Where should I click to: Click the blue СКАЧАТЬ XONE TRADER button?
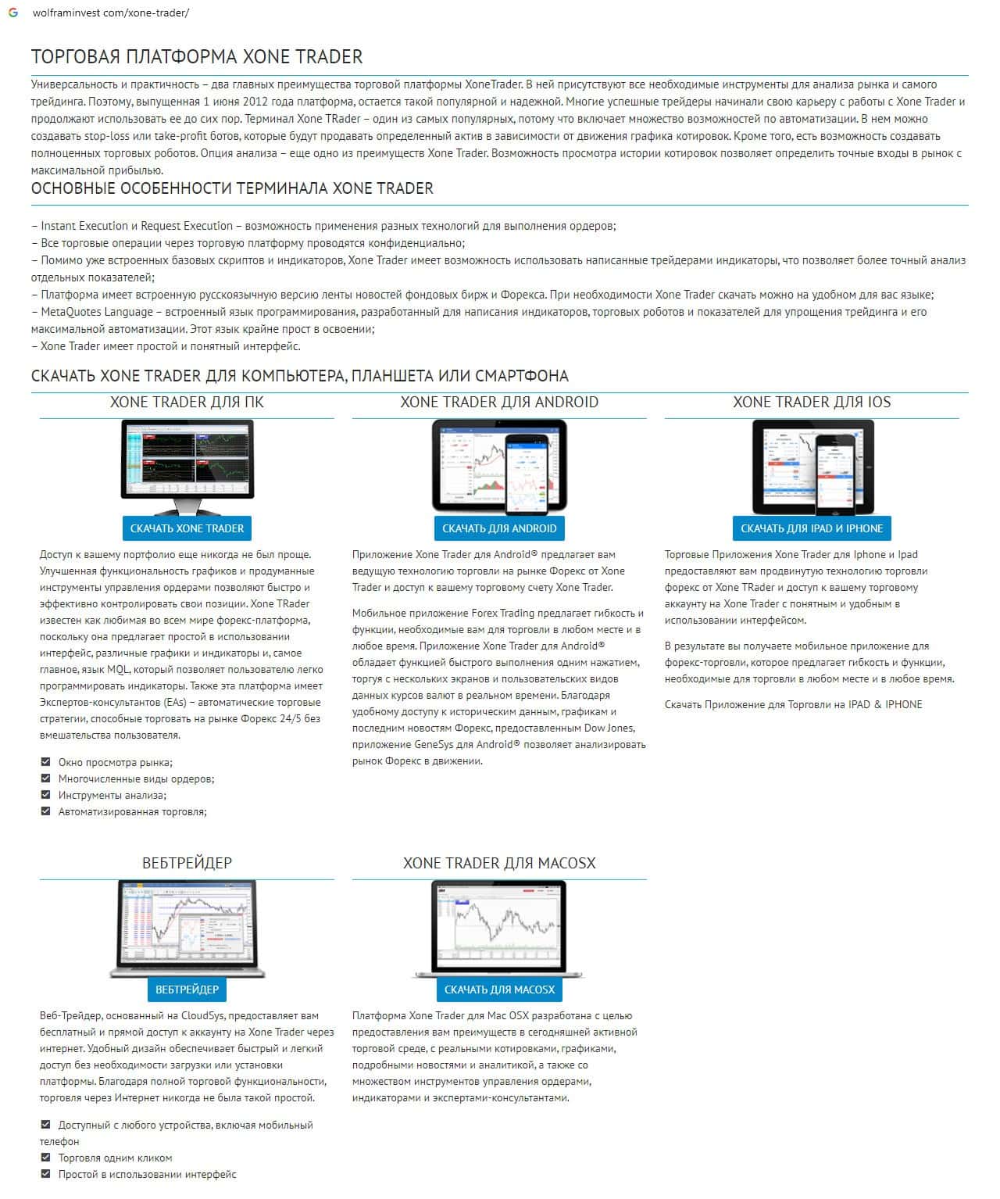pyautogui.click(x=187, y=528)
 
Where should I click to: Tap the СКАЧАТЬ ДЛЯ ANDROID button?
pyautogui.click(x=499, y=528)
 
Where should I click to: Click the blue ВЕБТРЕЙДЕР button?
pyautogui.click(x=187, y=990)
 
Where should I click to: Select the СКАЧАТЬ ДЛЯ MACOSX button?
pyautogui.click(x=499, y=990)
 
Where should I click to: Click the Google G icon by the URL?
pyautogui.click(x=13, y=13)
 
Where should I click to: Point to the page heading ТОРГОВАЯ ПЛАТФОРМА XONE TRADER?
pyautogui.click(x=197, y=57)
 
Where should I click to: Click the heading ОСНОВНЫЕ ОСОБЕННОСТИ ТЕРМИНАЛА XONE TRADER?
pyautogui.click(x=232, y=188)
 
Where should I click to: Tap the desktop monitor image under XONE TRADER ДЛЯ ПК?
pyautogui.click(x=187, y=461)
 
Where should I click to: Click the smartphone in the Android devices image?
pyautogui.click(x=526, y=474)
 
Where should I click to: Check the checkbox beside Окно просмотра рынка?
pyautogui.click(x=45, y=762)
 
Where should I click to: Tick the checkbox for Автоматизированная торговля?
pyautogui.click(x=45, y=811)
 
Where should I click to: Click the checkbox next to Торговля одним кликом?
pyautogui.click(x=45, y=1158)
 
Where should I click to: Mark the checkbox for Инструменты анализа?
pyautogui.click(x=45, y=795)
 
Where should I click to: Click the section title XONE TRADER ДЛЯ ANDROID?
pyautogui.click(x=499, y=403)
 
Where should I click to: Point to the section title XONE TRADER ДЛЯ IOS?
pyautogui.click(x=812, y=403)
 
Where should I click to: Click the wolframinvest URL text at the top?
pyautogui.click(x=111, y=13)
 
